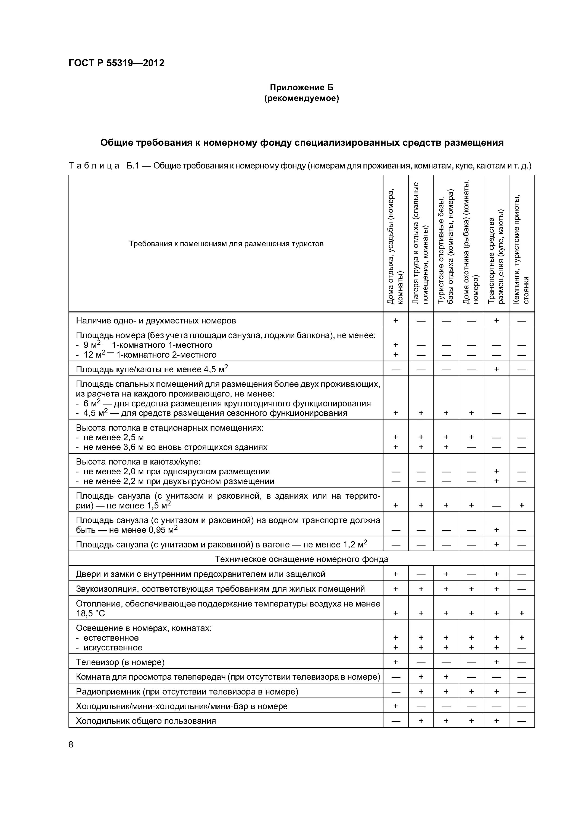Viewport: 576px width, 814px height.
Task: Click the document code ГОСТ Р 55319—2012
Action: point(117,63)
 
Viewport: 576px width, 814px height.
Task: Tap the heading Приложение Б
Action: point(301,87)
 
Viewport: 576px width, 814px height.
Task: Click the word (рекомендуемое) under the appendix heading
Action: point(301,98)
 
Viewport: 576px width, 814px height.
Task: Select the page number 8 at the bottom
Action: point(71,744)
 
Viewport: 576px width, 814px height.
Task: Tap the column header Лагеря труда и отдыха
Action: point(421,243)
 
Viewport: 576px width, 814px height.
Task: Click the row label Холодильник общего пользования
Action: point(146,720)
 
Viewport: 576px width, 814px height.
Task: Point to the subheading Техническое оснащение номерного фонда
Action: point(301,559)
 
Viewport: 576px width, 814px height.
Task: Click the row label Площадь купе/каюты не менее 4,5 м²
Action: point(152,369)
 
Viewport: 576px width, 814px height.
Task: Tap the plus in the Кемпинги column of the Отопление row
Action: point(521,613)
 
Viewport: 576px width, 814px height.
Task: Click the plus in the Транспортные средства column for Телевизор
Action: point(496,662)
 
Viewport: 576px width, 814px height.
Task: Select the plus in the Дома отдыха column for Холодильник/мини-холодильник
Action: point(395,705)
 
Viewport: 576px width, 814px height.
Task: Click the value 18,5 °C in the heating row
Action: point(90,613)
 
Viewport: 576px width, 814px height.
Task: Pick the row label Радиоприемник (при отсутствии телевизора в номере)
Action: point(187,691)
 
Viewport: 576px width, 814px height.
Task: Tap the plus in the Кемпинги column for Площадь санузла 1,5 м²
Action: point(521,505)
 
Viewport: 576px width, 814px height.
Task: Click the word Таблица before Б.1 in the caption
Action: point(94,166)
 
